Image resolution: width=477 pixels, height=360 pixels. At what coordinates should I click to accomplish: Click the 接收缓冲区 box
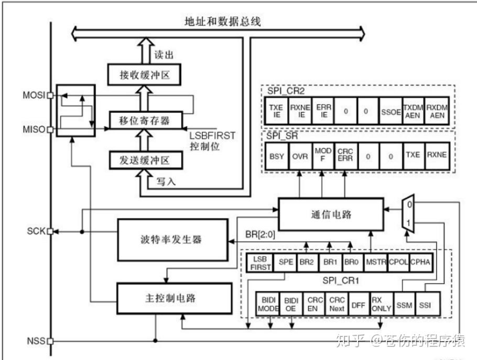click(x=145, y=75)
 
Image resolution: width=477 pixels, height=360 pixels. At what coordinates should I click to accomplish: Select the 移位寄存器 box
click(x=145, y=120)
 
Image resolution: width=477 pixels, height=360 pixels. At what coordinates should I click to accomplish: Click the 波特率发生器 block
click(x=172, y=240)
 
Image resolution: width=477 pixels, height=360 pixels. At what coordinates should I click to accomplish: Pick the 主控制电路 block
click(x=174, y=299)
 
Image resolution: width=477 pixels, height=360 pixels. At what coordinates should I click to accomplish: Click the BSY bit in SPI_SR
click(x=277, y=155)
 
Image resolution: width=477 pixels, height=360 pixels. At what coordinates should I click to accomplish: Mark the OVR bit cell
click(x=300, y=155)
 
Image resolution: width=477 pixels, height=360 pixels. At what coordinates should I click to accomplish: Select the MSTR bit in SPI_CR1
click(x=375, y=261)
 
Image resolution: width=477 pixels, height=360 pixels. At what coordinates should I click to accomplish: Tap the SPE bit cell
click(x=286, y=261)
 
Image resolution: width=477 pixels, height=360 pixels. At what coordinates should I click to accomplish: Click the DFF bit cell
click(x=359, y=303)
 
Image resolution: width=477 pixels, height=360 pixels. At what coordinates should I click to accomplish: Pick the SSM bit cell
click(x=404, y=303)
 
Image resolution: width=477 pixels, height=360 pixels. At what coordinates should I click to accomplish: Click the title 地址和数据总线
click(x=223, y=22)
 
